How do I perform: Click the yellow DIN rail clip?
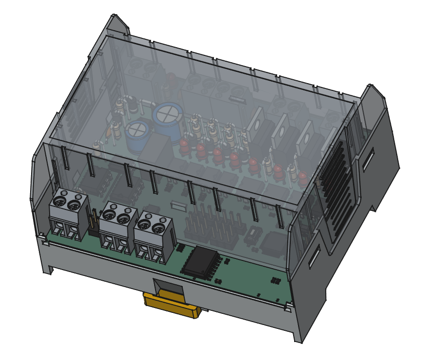pos(172,305)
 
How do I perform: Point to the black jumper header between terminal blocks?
pos(94,221)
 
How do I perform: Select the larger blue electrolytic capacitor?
pos(168,116)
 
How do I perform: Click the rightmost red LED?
pos(302,177)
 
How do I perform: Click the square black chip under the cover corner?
pos(274,243)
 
